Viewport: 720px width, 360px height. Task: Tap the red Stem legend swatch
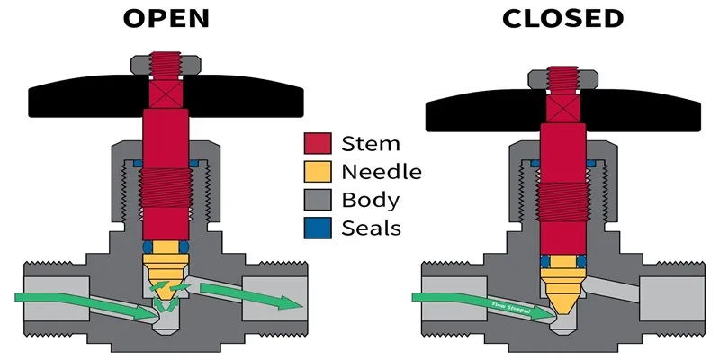(x=319, y=143)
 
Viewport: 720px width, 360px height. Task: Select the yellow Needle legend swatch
(x=319, y=171)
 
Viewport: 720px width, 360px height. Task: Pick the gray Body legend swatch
(x=319, y=199)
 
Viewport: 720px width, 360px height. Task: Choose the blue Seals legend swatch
(x=319, y=227)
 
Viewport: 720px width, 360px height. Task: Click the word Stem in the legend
(x=371, y=143)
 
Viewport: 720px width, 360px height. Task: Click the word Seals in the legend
(x=371, y=227)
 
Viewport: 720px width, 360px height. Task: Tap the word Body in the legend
(x=371, y=199)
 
